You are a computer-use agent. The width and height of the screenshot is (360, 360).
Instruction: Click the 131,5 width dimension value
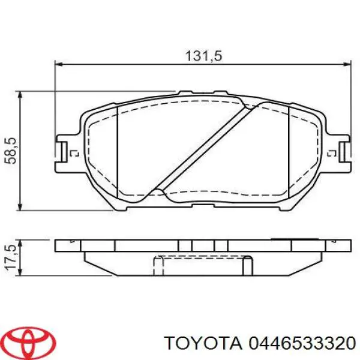point(205,55)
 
